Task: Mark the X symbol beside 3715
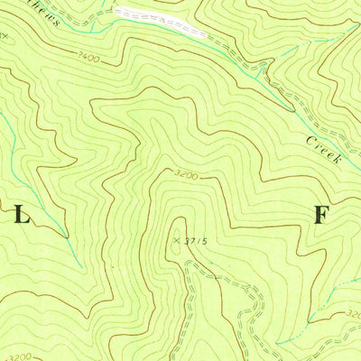pyautogui.click(x=176, y=240)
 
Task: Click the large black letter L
pyautogui.click(x=22, y=216)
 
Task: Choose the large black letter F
pyautogui.click(x=320, y=215)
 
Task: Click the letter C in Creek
pyautogui.click(x=310, y=140)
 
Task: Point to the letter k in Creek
pyautogui.click(x=335, y=160)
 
